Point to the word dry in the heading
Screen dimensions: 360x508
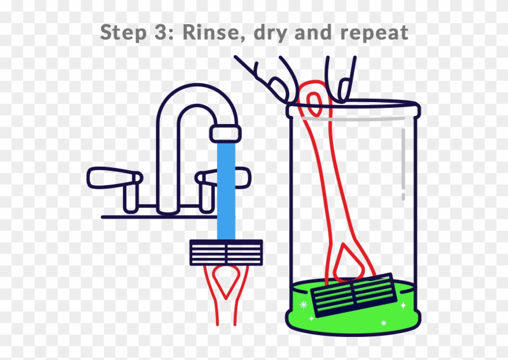point(272,33)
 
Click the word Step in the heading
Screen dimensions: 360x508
point(122,33)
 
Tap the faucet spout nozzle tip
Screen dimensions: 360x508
point(225,133)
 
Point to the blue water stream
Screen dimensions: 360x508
point(226,190)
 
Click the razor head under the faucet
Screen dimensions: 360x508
point(226,252)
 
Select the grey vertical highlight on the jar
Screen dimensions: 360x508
point(403,164)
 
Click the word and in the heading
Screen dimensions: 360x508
point(318,32)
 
